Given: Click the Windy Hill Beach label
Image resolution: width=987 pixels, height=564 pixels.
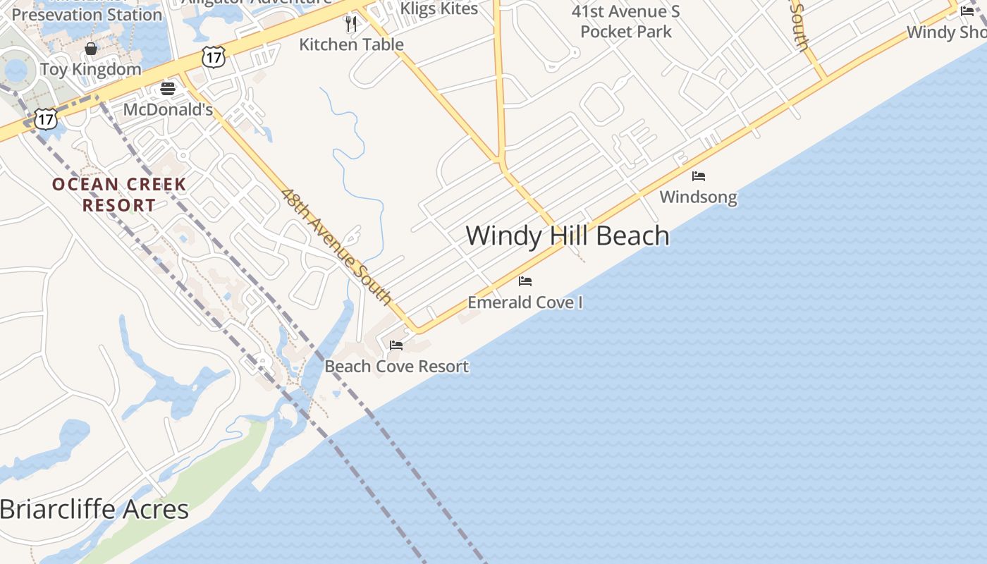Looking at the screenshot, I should [x=568, y=235].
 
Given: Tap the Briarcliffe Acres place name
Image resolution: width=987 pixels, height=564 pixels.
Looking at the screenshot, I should [x=94, y=509].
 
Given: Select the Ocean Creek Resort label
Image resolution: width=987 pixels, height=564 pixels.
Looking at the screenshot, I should [x=119, y=195].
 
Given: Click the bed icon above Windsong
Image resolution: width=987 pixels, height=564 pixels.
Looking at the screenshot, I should [x=699, y=176].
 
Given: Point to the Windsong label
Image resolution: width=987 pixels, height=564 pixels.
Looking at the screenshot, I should [x=698, y=197].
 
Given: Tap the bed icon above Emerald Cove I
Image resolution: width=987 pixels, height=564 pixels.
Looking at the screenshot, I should [x=525, y=281].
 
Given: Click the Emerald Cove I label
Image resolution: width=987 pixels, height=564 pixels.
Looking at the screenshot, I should [x=525, y=302].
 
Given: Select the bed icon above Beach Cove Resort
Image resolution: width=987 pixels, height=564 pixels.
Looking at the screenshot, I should [x=396, y=345].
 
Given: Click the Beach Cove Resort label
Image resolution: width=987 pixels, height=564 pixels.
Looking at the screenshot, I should [x=396, y=367].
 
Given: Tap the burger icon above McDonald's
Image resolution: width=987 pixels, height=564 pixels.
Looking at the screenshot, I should [x=168, y=88].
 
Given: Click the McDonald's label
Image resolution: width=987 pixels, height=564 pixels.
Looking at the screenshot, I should [x=168, y=110].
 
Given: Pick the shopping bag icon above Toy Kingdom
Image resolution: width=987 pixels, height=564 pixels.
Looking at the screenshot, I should [x=91, y=49].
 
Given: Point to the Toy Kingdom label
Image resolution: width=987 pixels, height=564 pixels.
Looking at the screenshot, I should [x=91, y=69].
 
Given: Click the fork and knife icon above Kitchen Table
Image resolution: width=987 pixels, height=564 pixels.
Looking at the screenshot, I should [x=351, y=24].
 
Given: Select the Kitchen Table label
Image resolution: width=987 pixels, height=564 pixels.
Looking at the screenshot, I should [x=351, y=44].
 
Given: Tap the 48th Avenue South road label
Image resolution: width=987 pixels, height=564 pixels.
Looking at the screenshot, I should [x=336, y=245].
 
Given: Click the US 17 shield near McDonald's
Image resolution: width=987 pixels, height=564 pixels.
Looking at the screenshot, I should [x=212, y=57].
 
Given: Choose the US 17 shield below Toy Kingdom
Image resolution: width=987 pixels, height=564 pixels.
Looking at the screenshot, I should [x=45, y=118].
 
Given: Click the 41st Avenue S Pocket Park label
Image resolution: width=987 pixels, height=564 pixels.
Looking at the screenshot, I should [x=626, y=21].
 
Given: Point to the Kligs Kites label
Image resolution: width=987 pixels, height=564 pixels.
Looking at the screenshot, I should [x=439, y=8].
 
